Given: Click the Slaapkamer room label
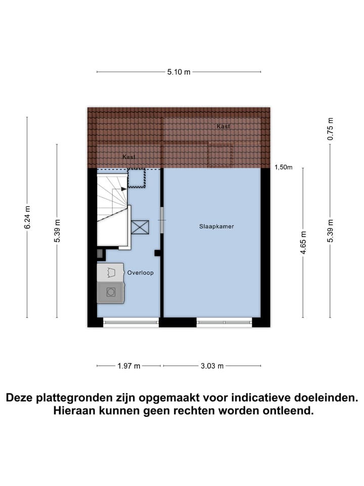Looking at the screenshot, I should click(x=216, y=227).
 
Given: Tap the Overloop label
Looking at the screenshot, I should click(x=140, y=272).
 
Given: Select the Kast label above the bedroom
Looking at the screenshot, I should click(x=223, y=126).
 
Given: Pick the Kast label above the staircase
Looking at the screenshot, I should click(x=129, y=157).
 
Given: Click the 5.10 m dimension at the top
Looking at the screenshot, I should click(x=179, y=72).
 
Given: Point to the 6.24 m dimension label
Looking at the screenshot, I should click(x=27, y=217).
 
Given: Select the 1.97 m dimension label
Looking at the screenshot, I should click(x=129, y=366).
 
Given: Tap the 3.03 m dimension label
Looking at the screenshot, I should click(x=212, y=366).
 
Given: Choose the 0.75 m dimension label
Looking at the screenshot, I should click(x=331, y=129).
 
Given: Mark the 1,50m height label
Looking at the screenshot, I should click(x=284, y=167).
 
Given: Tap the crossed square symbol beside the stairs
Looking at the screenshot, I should click(x=140, y=227).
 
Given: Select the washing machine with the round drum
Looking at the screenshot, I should click(x=110, y=292).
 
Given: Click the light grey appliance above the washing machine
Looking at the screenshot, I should click(x=110, y=272).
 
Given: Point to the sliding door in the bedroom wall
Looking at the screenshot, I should click(x=162, y=220).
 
